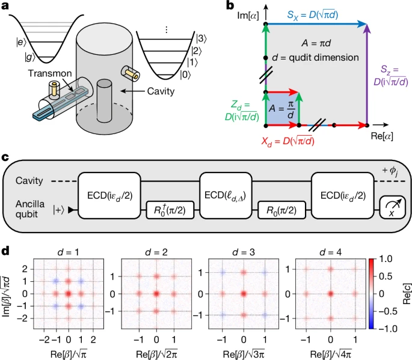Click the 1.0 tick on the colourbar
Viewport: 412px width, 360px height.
pos(389,258)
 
